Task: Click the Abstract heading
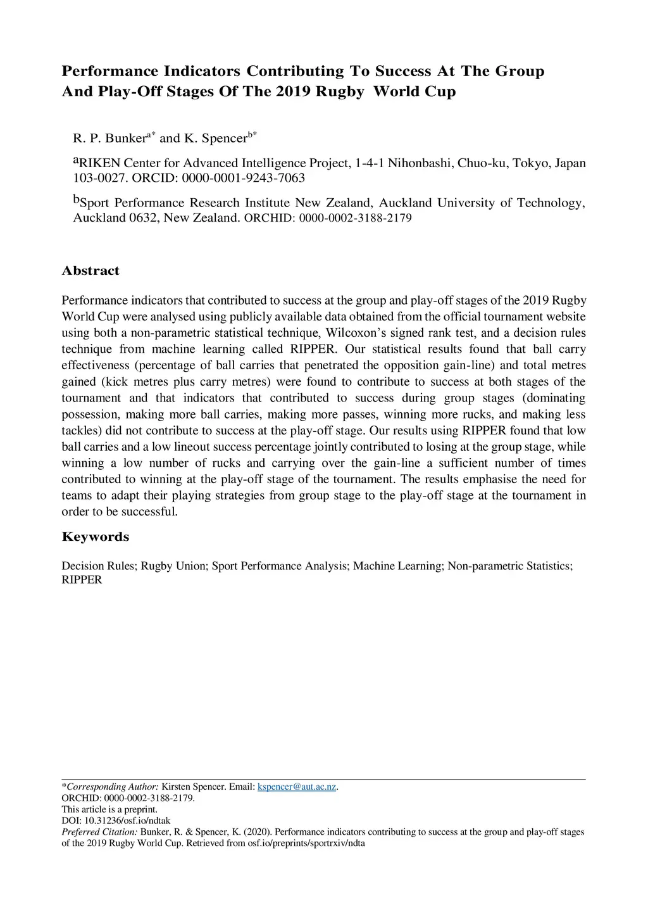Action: [x=90, y=271]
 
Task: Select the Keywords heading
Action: [x=95, y=537]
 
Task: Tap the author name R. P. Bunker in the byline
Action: [x=109, y=138]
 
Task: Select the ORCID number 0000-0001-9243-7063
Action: [x=243, y=178]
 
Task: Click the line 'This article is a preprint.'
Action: [x=109, y=809]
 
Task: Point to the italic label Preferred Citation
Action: [x=99, y=832]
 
